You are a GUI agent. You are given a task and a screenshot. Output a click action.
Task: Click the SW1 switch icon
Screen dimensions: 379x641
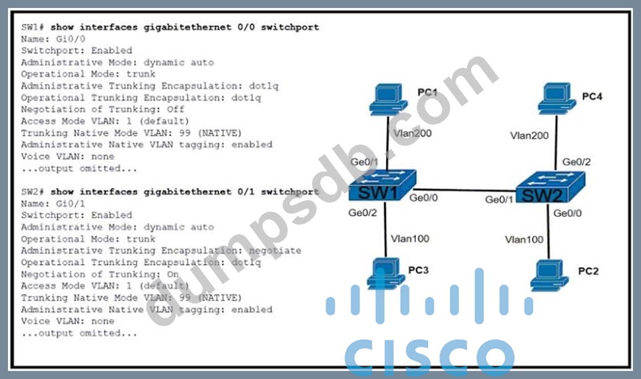381,187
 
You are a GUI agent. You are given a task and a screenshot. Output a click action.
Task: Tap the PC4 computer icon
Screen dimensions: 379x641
556,97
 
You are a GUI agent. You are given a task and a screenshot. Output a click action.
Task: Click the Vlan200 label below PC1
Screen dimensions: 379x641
412,133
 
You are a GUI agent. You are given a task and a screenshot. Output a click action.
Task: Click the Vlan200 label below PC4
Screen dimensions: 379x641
530,136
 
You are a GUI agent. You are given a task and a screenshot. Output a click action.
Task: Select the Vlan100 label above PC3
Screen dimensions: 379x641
410,239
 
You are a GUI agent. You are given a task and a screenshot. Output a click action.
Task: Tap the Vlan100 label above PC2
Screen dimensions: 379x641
524,239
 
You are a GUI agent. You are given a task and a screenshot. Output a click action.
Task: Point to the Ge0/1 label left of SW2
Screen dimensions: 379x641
501,199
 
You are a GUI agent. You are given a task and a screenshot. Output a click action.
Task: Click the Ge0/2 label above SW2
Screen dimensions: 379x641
576,162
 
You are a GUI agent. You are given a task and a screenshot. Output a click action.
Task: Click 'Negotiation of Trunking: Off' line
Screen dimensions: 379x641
103,109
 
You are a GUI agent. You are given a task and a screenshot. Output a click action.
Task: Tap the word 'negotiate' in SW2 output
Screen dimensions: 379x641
274,251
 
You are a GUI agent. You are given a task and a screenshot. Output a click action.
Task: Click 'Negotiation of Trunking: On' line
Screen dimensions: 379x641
100,274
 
